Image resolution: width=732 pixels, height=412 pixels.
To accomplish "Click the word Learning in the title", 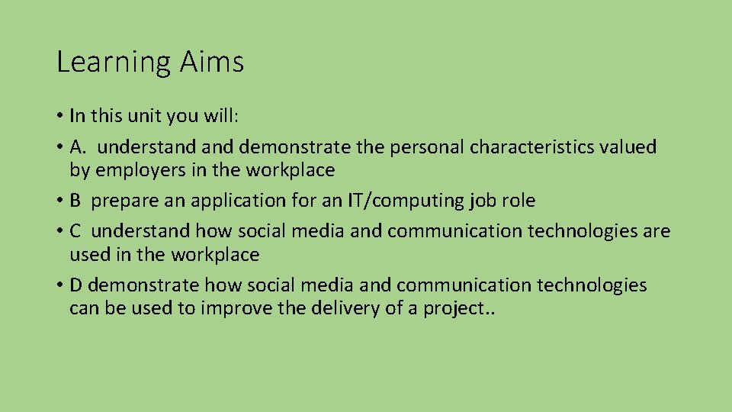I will (x=114, y=63).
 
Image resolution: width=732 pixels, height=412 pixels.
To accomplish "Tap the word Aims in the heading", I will (x=212, y=61).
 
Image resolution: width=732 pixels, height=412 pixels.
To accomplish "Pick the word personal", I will (x=426, y=146).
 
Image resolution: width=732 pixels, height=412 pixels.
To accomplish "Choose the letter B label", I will (x=75, y=201).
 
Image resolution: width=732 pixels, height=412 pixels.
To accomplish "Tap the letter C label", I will (x=75, y=230).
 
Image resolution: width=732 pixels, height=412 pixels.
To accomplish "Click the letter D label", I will (x=76, y=285).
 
